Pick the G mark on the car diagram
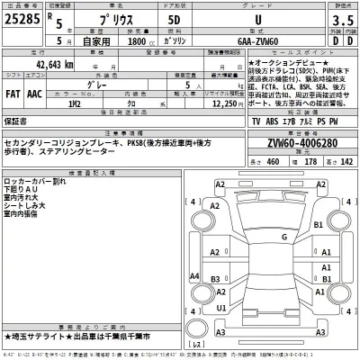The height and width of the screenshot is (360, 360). click(x=283, y=237)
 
